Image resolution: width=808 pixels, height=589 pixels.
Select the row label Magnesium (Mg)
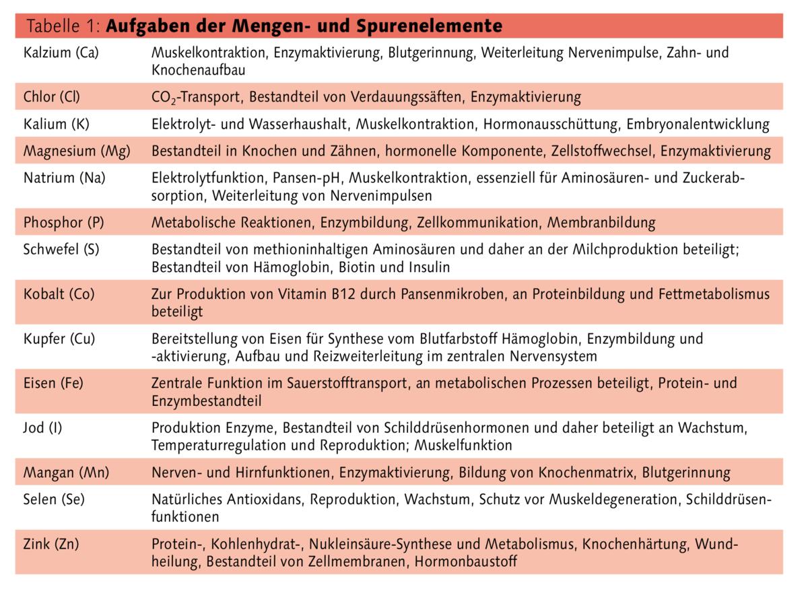pyautogui.click(x=77, y=151)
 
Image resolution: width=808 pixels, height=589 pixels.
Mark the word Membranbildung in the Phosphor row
pyautogui.click(x=601, y=222)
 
